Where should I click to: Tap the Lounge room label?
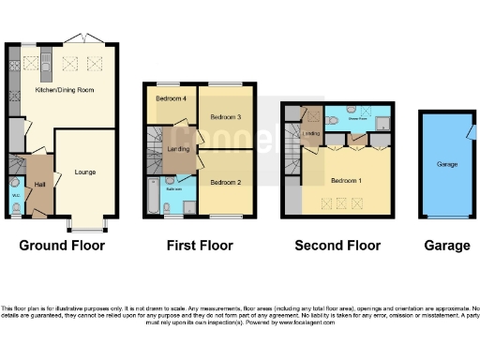pyautogui.click(x=85, y=172)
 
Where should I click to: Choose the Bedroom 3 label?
pyautogui.click(x=225, y=117)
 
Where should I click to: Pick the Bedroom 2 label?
pyautogui.click(x=225, y=182)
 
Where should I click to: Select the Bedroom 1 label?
pyautogui.click(x=346, y=179)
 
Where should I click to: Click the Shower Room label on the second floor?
pyautogui.click(x=358, y=119)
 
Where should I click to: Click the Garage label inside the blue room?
pyautogui.click(x=447, y=164)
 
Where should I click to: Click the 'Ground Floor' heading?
pyautogui.click(x=63, y=246)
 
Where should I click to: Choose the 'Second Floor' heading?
pyautogui.click(x=337, y=246)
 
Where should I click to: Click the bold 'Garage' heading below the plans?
pyautogui.click(x=447, y=246)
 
